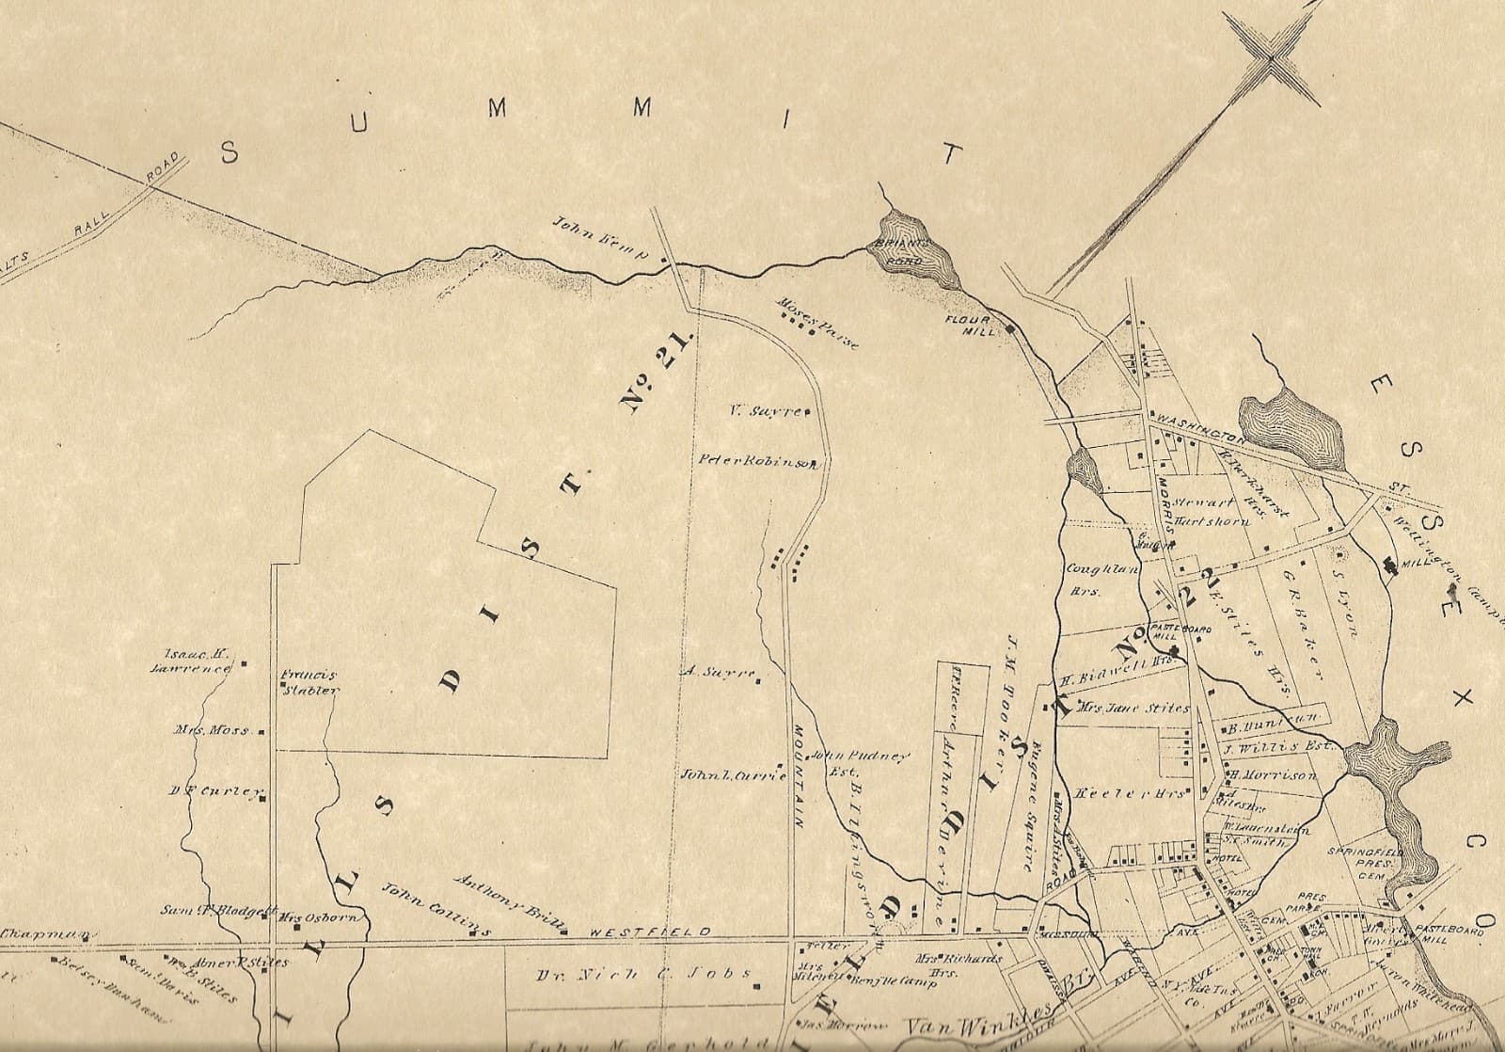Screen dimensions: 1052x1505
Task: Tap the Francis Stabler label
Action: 309,681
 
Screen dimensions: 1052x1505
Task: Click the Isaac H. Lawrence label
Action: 195,661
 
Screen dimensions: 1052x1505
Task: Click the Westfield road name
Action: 649,932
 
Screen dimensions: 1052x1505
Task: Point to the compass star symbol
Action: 1269,58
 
